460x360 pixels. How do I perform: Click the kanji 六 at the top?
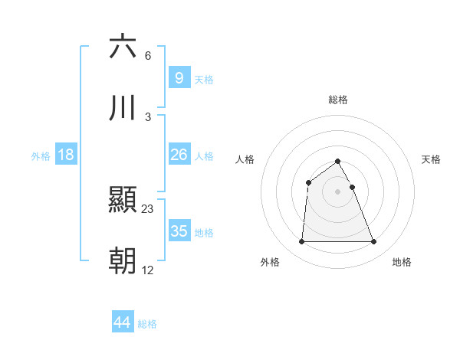click(123, 47)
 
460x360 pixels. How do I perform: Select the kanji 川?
click(123, 109)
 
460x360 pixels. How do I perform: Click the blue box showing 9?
click(179, 77)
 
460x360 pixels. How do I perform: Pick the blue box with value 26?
click(179, 155)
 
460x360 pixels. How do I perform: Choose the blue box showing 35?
click(179, 231)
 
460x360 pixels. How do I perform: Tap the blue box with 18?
click(66, 155)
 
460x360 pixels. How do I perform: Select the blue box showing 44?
click(122, 322)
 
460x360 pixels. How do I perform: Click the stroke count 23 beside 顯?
click(148, 208)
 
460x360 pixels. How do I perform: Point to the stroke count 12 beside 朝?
click(148, 270)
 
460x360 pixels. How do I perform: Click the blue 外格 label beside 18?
click(41, 156)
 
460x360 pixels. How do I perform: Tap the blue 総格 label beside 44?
click(147, 324)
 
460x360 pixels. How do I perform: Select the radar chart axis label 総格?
click(338, 100)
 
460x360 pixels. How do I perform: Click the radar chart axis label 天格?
click(432, 159)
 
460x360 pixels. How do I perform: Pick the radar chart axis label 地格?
click(402, 262)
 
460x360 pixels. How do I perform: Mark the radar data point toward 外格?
click(301, 242)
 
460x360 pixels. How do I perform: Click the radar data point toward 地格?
click(374, 242)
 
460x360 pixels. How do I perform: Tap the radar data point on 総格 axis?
click(338, 161)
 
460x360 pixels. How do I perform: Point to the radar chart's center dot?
click(338, 191)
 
